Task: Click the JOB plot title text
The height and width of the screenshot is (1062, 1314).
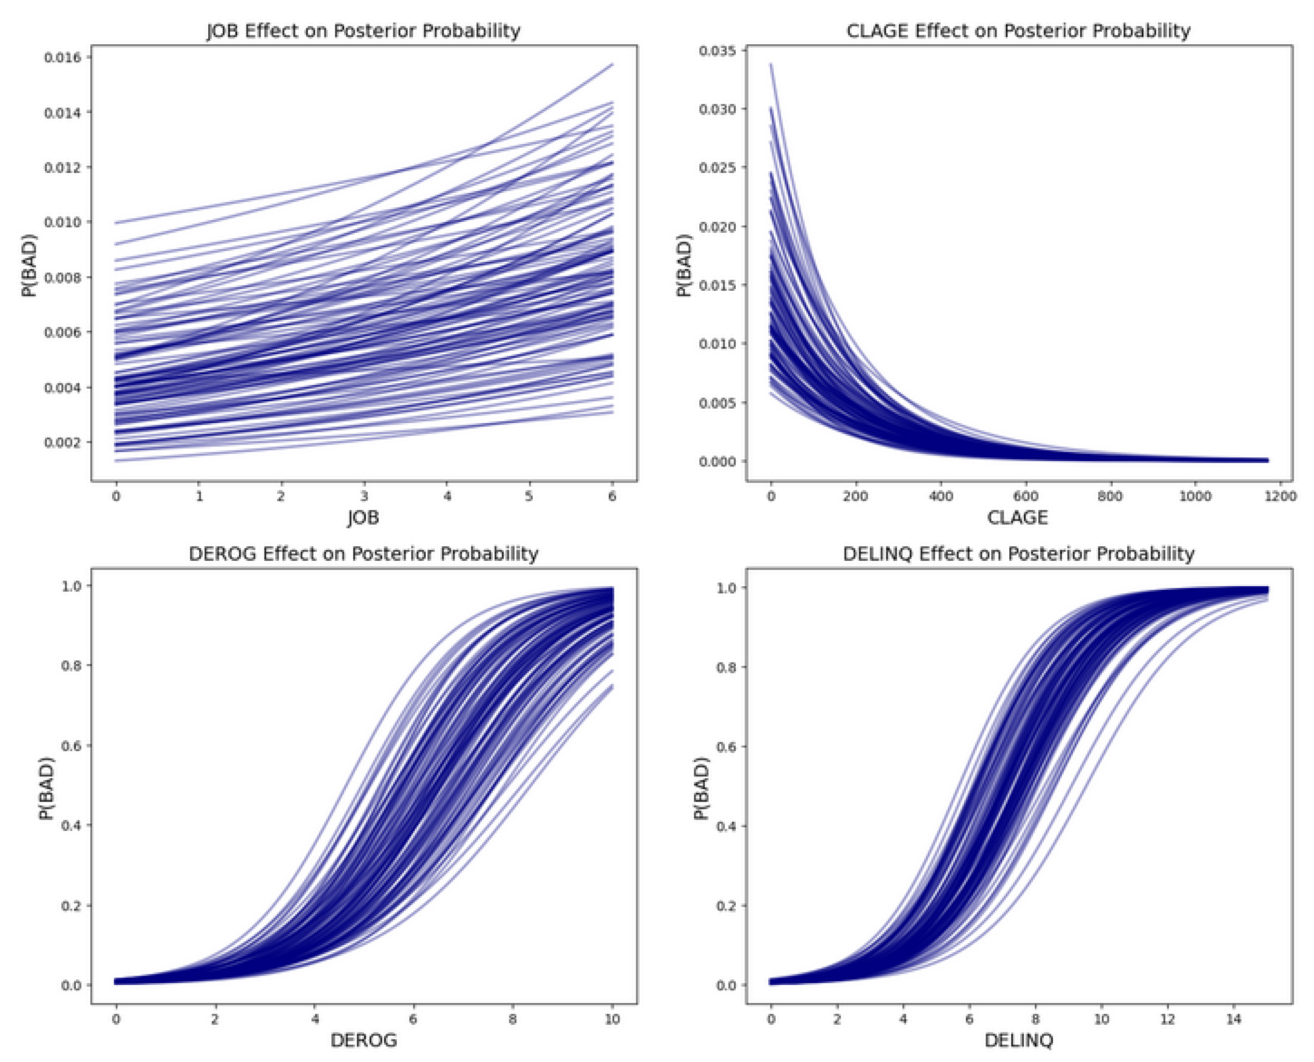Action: point(363,31)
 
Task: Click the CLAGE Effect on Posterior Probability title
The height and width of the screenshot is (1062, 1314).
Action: point(1018,31)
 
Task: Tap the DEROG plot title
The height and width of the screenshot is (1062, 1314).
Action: point(363,554)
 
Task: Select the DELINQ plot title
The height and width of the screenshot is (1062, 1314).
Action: point(1018,554)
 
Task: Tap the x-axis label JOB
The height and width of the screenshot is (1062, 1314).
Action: point(363,518)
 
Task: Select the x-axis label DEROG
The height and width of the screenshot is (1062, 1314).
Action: point(363,1040)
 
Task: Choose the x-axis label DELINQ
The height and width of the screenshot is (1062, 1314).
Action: point(1018,1040)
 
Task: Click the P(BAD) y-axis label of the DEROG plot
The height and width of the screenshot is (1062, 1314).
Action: point(46,789)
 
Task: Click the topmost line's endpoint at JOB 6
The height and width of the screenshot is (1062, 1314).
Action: point(612,64)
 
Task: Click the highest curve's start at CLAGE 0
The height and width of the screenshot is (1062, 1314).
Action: point(771,64)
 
